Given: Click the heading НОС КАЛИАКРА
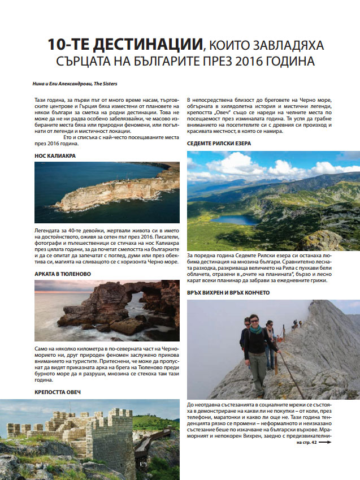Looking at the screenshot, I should click(x=55, y=155).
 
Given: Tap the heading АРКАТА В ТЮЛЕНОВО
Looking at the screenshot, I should click(x=63, y=274).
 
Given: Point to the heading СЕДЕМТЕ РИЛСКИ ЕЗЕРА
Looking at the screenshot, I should click(x=219, y=144).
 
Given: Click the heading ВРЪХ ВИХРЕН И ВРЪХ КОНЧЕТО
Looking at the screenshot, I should click(x=228, y=292).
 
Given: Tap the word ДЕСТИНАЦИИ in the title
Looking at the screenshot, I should click(x=137, y=44).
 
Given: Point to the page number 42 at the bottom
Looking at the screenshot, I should click(x=313, y=443).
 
